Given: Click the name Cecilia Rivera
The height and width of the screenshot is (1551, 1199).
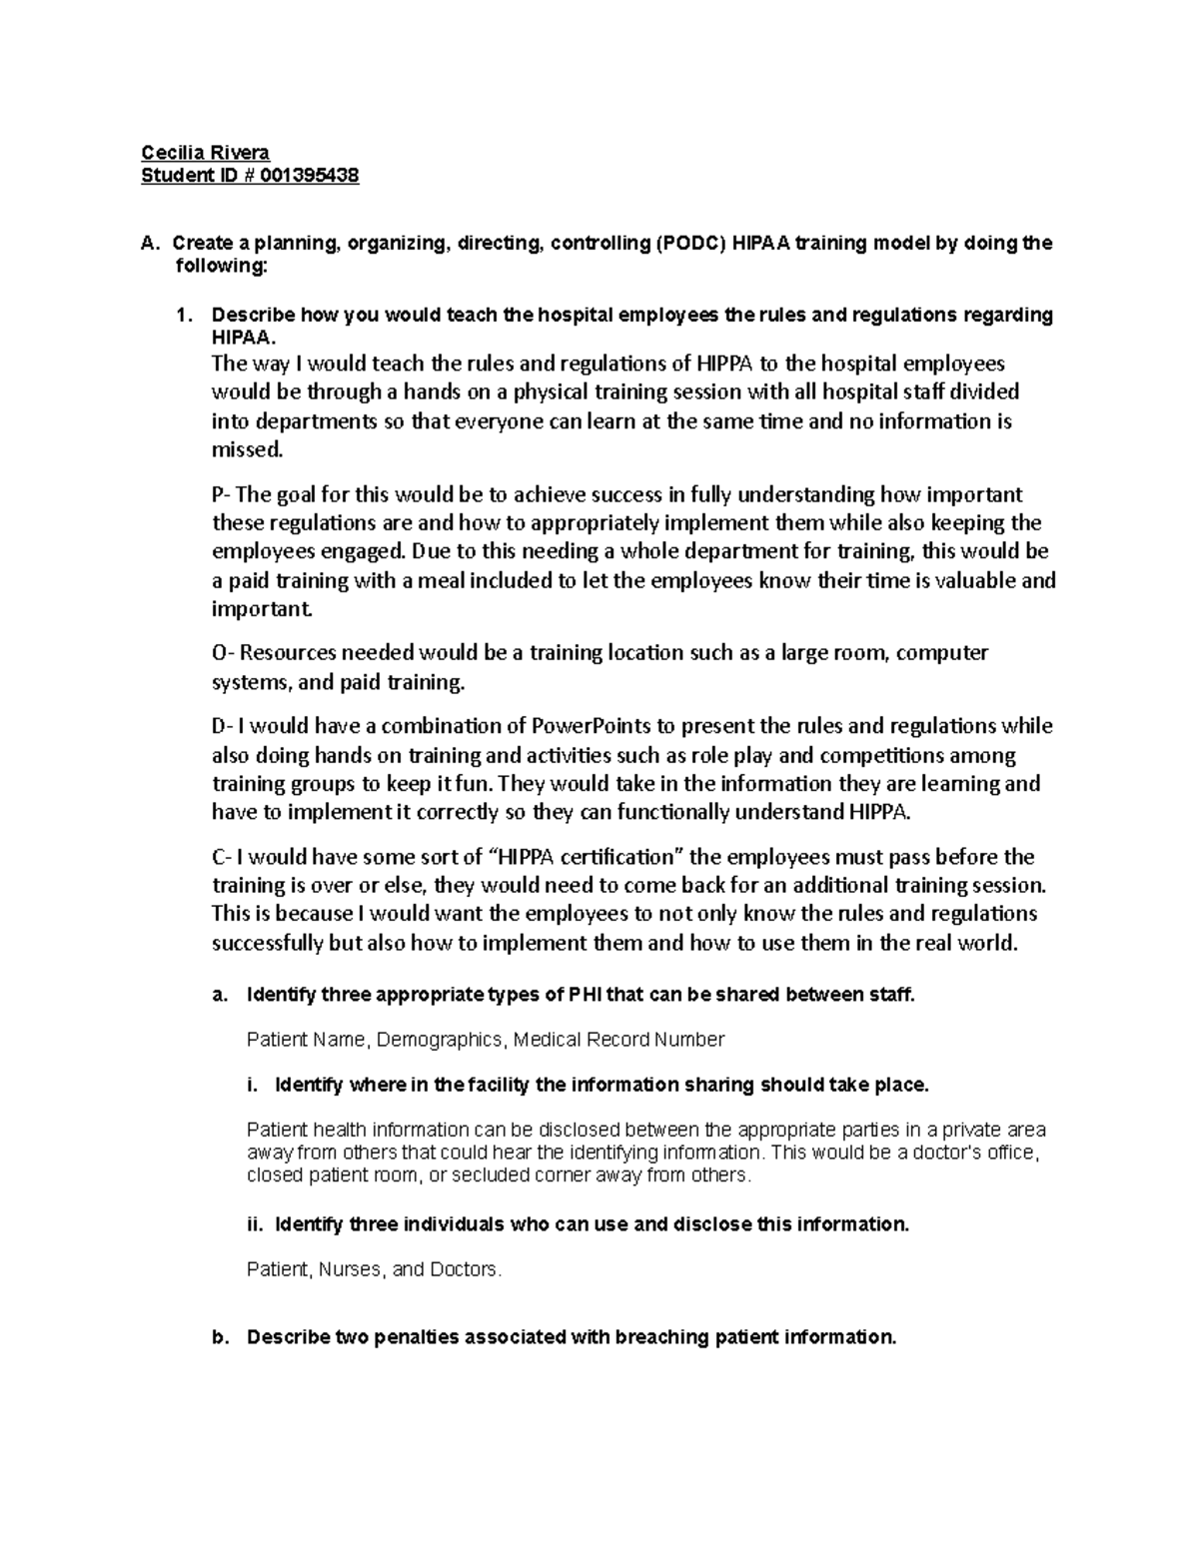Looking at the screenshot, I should (x=205, y=152).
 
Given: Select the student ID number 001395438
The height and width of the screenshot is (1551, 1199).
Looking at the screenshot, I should (x=311, y=176).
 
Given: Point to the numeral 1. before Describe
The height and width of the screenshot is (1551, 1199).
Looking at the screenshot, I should (x=183, y=316).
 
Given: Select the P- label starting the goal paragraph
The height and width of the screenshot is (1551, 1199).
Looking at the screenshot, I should (x=221, y=494).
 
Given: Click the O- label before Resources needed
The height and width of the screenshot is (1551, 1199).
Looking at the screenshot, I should (x=223, y=653).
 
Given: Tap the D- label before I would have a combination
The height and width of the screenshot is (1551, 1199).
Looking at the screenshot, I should (x=222, y=726).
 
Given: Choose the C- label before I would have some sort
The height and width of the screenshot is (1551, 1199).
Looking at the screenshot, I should (x=221, y=857).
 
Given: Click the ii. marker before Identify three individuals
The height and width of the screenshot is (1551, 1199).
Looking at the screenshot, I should (x=254, y=1225).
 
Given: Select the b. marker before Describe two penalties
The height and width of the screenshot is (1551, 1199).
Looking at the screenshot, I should (x=220, y=1337).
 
